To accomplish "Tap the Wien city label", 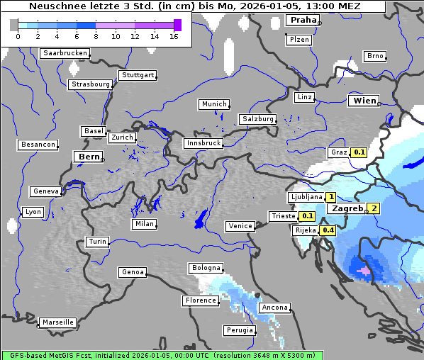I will (364, 101).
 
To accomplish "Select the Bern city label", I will (89, 157).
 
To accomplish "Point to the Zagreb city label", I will (347, 208).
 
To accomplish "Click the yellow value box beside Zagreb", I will (373, 208).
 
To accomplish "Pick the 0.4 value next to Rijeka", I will (328, 230).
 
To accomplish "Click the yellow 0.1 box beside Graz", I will (359, 152).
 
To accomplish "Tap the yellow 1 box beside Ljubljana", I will (330, 197).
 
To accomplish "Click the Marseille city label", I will (57, 322).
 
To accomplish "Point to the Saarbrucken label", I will (65, 53).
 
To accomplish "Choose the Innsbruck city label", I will (203, 143).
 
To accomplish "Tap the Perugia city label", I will (239, 330).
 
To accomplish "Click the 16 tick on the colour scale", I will (174, 35).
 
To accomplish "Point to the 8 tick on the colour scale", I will (96, 35).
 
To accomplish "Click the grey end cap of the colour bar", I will (13, 25).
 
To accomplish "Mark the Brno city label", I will (374, 56).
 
